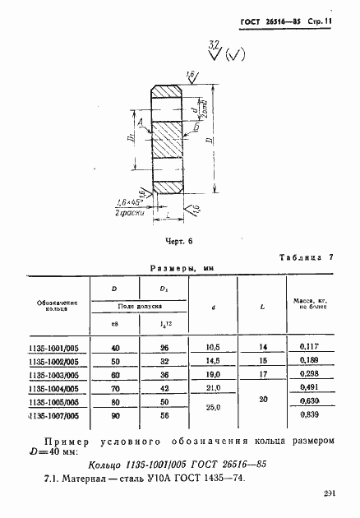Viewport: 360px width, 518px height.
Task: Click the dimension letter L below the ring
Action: pos(168,214)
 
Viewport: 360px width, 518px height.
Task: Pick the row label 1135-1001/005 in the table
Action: pos(57,348)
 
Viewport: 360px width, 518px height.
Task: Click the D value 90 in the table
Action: pos(115,416)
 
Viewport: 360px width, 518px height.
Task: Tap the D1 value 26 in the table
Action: pos(164,348)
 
